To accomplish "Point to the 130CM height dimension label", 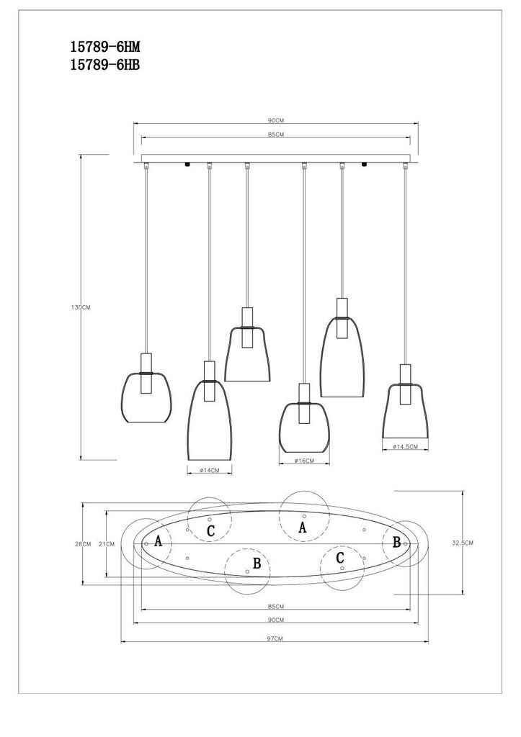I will click(81, 307).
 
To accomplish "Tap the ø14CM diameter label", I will click(209, 470).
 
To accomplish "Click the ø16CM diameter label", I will click(304, 461).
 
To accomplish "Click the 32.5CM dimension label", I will click(462, 543).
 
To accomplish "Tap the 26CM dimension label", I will click(83, 543).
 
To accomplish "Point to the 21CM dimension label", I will click(107, 544).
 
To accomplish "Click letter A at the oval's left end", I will click(158, 541).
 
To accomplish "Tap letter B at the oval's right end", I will click(396, 542).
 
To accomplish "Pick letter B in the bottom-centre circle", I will click(255, 563).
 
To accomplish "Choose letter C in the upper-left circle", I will click(210, 530).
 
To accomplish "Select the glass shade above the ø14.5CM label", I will click(406, 412).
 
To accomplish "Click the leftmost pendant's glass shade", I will click(146, 397).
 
